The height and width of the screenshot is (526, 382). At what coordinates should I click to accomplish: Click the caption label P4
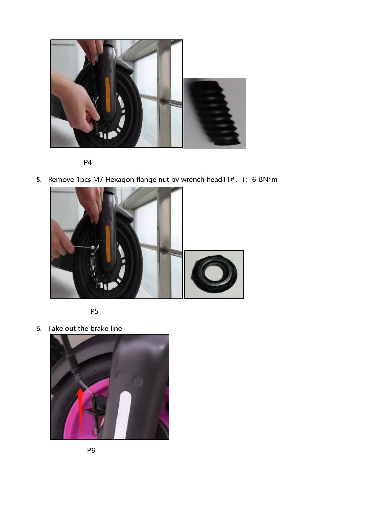88,163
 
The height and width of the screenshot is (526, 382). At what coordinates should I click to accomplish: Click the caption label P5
94,311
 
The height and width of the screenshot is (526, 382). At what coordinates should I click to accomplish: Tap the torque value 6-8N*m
265,180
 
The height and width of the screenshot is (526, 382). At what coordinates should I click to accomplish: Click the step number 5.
39,180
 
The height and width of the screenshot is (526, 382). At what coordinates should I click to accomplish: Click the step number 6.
39,329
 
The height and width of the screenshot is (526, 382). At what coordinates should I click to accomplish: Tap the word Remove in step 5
61,180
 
